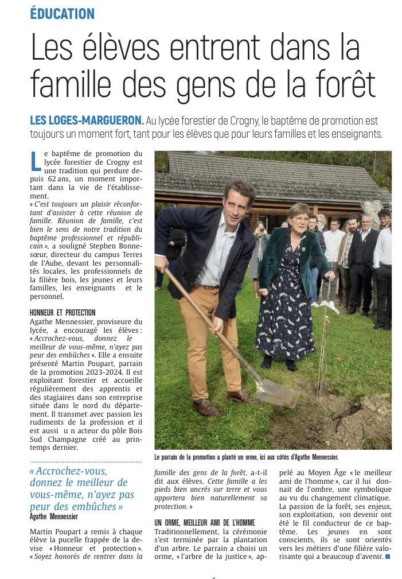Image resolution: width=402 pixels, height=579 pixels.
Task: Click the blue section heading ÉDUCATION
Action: click(63, 13)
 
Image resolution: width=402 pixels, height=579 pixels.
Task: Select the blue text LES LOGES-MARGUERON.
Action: click(87, 121)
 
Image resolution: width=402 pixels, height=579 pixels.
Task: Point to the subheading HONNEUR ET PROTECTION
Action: click(63, 313)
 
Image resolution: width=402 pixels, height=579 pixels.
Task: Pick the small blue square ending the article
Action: click(388, 556)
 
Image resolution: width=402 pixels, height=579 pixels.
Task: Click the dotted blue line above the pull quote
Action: click(86, 461)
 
